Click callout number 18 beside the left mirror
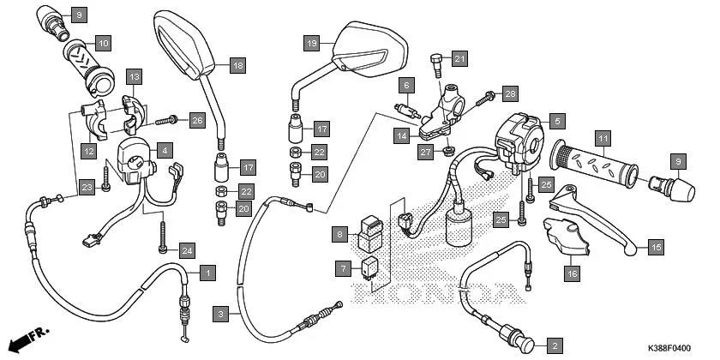[237, 65]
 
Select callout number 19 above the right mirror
[311, 43]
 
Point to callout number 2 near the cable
[555, 345]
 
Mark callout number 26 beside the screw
[196, 120]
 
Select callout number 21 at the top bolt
[460, 57]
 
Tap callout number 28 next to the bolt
[510, 93]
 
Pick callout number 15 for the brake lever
[655, 248]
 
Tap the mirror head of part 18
[184, 43]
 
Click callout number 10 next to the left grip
[103, 43]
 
